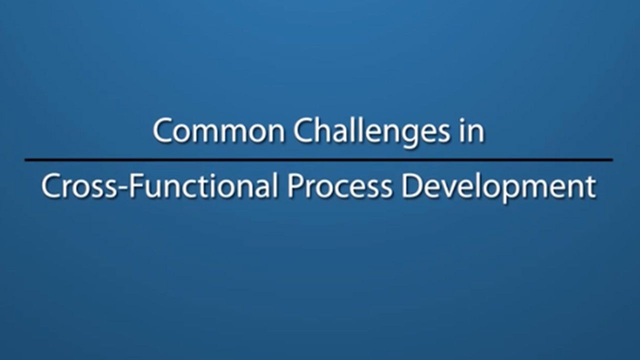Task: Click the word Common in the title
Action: [219, 131]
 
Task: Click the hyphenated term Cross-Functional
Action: [159, 186]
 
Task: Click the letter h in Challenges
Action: [321, 131]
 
